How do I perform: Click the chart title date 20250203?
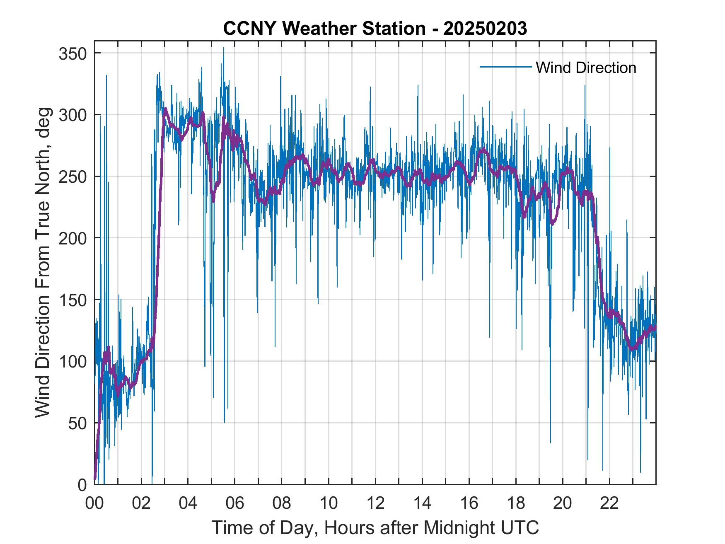[x=485, y=29]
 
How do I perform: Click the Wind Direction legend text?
[x=586, y=68]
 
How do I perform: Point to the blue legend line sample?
[x=505, y=67]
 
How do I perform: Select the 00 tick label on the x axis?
[x=94, y=503]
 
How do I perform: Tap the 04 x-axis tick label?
[x=188, y=503]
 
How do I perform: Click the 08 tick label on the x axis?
[x=282, y=503]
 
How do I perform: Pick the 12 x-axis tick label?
[x=375, y=503]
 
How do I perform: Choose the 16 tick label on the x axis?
[x=469, y=503]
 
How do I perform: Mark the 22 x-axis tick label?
[x=609, y=503]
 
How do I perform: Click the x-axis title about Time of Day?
[x=375, y=527]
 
